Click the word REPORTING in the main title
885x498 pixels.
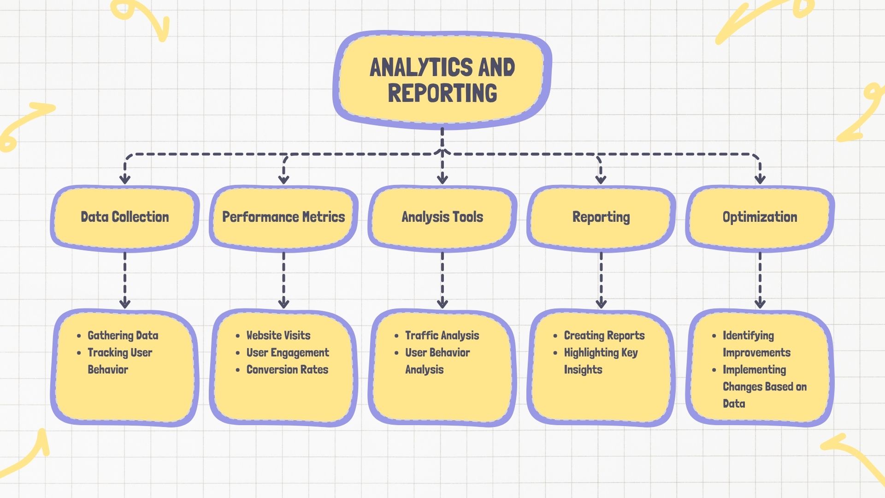coord(442,93)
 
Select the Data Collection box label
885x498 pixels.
coord(124,217)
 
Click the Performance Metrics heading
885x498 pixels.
coord(283,217)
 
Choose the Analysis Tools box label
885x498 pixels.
coord(442,217)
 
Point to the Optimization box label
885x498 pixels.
coord(760,217)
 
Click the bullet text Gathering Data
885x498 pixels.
coord(123,335)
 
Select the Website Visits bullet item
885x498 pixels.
coord(278,335)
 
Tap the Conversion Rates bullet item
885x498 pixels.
coord(287,369)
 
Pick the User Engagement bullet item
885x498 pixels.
coord(288,353)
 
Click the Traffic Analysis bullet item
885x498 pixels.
coord(442,335)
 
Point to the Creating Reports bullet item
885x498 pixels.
coord(604,335)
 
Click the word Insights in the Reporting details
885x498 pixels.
coord(583,370)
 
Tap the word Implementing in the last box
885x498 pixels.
coord(754,370)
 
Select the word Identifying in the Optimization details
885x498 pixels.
coord(748,335)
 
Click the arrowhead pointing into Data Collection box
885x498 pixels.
coord(125,179)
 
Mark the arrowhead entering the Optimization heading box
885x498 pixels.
coord(760,179)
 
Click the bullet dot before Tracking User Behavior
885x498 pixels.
coord(79,353)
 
